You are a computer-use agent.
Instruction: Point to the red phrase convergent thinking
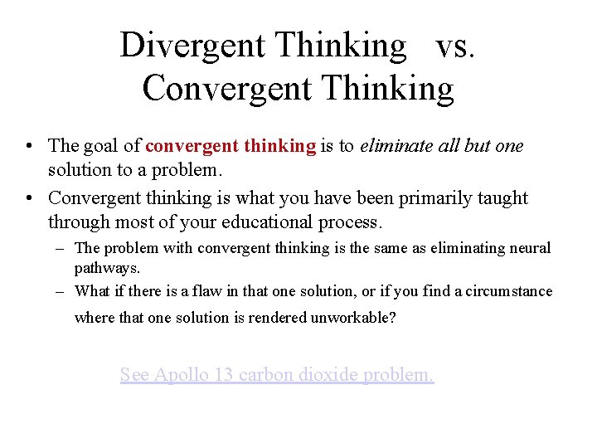tap(231, 146)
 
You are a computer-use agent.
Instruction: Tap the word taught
tap(500, 197)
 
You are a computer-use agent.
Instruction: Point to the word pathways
tap(107, 268)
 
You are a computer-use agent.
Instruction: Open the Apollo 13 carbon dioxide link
tap(276, 375)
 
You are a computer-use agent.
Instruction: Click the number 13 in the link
tap(223, 375)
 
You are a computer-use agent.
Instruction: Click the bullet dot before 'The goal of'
tap(29, 147)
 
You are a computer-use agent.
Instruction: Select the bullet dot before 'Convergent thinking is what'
tap(29, 198)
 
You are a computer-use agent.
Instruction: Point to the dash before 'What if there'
tap(64, 290)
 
